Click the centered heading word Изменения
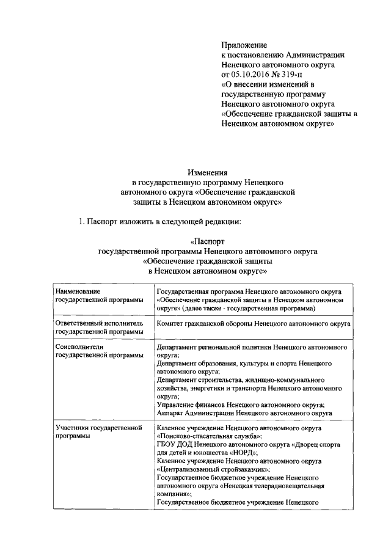206,173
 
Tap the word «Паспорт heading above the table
208,241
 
